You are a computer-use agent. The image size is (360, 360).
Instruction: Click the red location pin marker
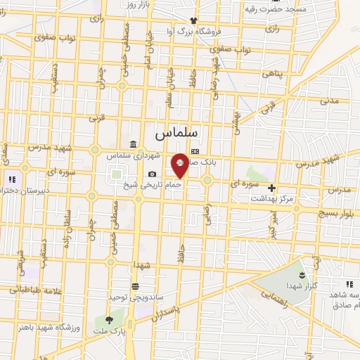point(180,165)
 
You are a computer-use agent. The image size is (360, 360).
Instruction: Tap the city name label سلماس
point(176,132)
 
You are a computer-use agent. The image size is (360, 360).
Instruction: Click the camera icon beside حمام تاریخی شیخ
point(153,174)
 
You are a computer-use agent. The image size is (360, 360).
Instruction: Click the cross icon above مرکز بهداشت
point(271,188)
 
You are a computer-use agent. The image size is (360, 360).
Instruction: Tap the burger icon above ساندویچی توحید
point(134,286)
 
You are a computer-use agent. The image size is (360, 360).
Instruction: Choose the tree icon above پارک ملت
point(108,320)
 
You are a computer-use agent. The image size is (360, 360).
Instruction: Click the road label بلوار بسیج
point(339,212)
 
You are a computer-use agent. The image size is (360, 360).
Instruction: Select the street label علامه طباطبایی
point(30,288)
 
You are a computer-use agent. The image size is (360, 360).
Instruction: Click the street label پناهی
point(272,73)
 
